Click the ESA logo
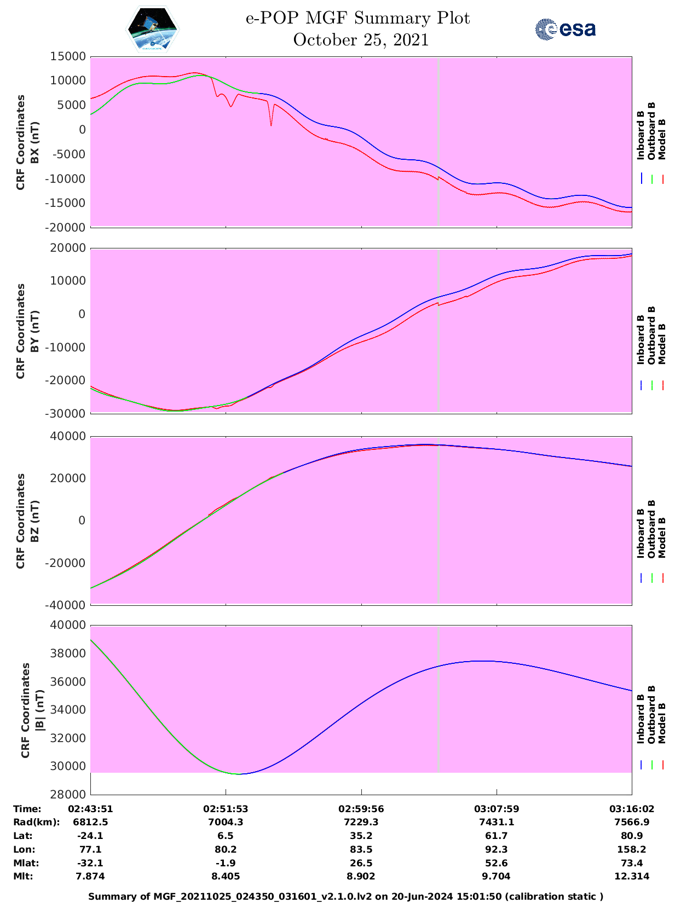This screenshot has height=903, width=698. coord(566,29)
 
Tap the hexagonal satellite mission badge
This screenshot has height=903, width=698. coord(153,29)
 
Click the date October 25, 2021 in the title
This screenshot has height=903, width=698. coord(361,40)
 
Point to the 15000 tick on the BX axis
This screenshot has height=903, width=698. coord(68,56)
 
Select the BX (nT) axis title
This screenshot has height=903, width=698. coord(35,142)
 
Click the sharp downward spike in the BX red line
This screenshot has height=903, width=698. coord(271,125)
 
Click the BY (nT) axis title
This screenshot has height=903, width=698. coord(35,331)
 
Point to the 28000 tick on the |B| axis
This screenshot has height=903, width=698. coord(68,795)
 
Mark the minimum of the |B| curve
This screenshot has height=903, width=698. coord(239,774)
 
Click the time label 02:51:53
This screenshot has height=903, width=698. coord(226,809)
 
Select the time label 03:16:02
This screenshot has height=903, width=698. coord(632,809)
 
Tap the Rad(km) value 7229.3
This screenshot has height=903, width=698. coord(361,822)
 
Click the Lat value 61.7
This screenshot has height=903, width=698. coord(497,836)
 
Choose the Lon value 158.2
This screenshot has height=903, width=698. coord(632,849)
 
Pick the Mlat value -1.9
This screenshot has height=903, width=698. coord(226,863)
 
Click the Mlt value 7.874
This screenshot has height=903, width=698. coord(90,876)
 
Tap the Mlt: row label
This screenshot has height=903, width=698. coord(24,876)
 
